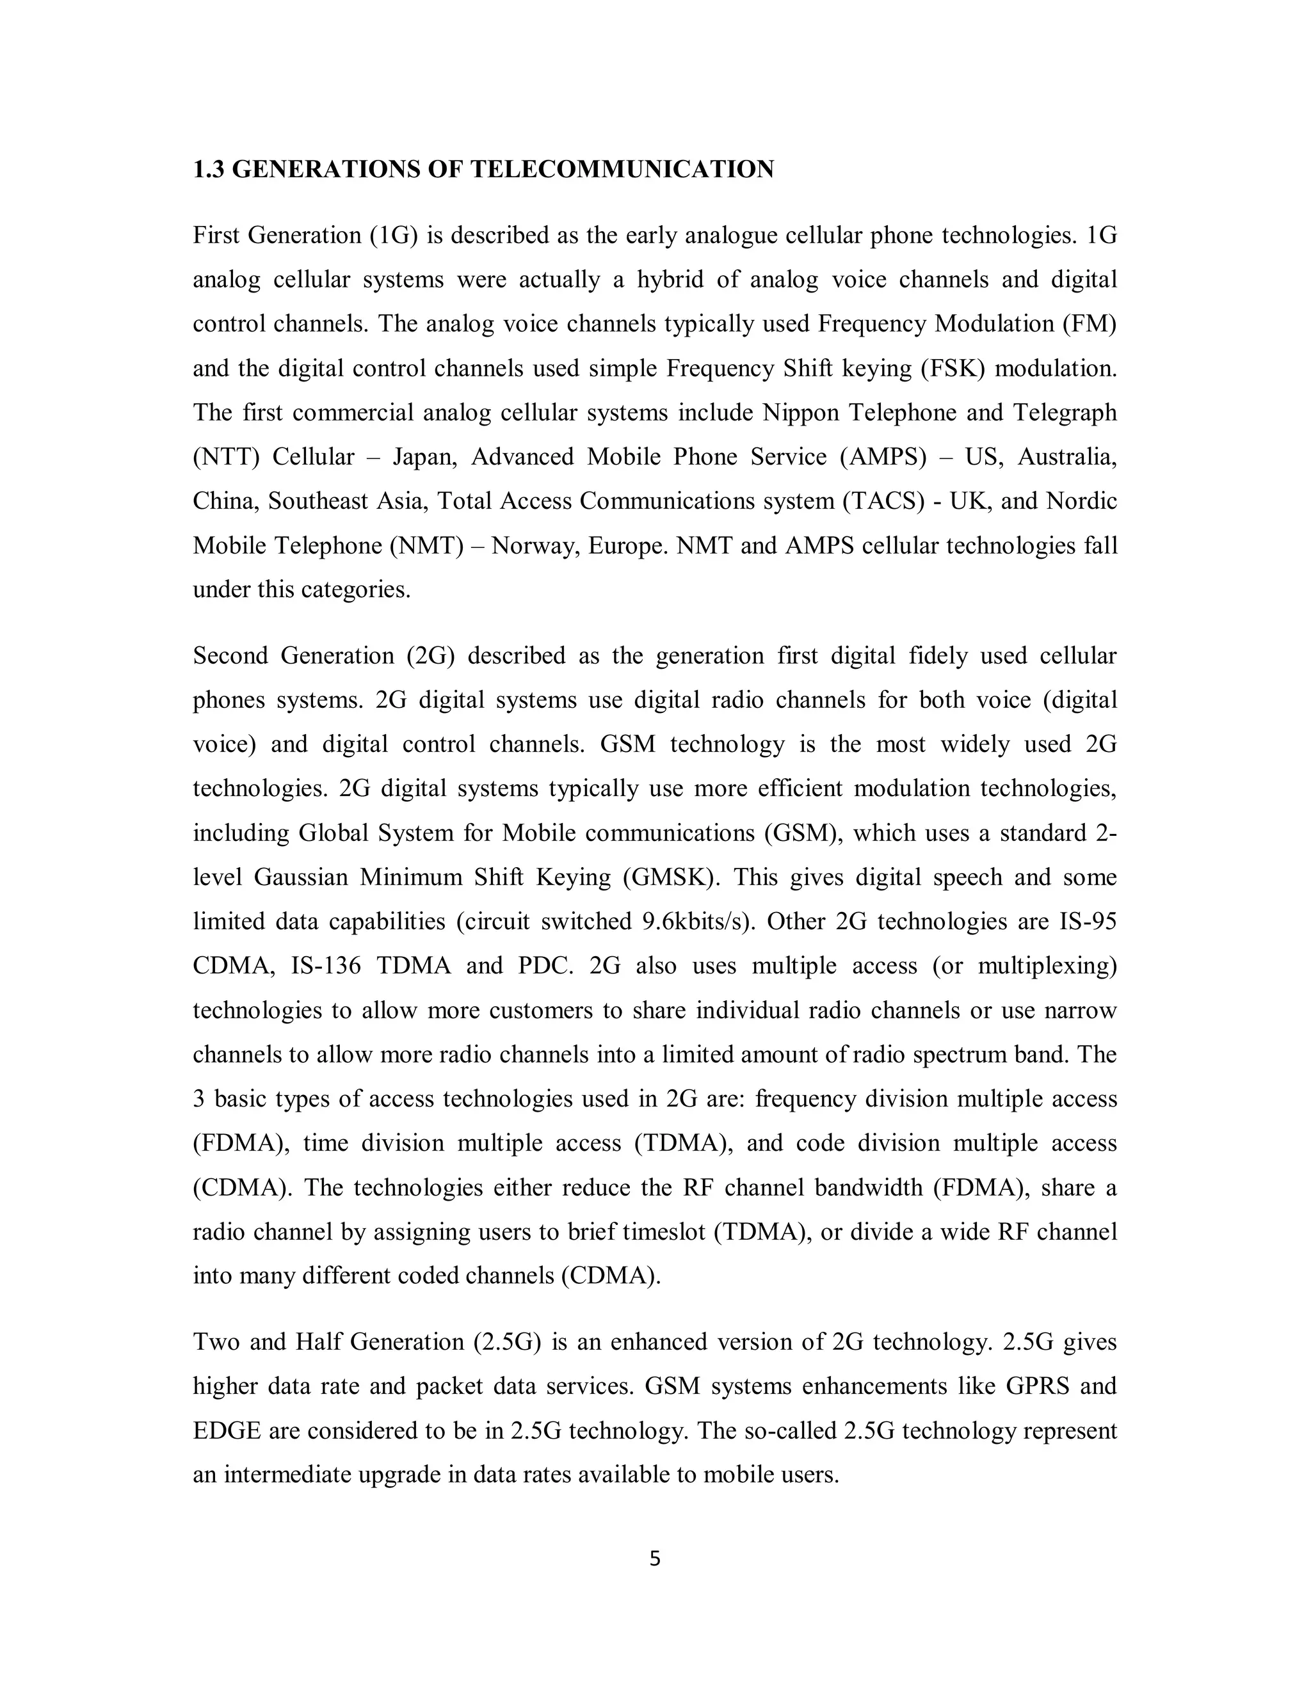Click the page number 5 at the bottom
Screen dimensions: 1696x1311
655,1558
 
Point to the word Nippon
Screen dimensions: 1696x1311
800,412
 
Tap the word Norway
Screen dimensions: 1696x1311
536,546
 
